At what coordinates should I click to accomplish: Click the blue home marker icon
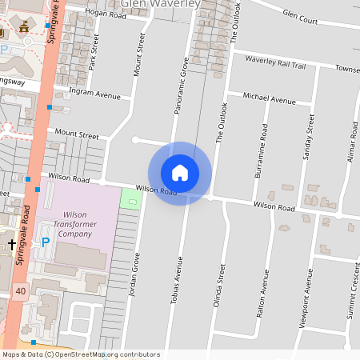tap(179, 173)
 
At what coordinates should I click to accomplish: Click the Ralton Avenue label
tap(262, 296)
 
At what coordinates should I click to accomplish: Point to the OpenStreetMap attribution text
tap(80, 354)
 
